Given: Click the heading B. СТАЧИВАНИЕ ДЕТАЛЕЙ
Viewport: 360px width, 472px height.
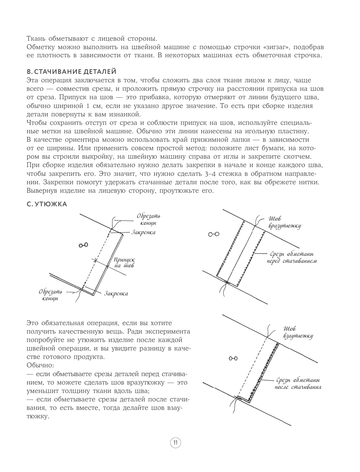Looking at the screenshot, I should coord(72,72).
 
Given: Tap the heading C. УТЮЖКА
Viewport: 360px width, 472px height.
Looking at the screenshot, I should coord(47,204).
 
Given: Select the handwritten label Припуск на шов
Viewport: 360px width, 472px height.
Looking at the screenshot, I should coord(124,263).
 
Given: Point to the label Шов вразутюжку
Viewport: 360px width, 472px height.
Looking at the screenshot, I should coord(282,223).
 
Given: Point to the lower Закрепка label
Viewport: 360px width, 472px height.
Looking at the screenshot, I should coord(116,293).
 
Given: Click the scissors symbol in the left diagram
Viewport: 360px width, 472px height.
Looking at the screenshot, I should coord(83,245).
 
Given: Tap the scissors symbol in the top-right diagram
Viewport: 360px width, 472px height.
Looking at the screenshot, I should coord(214,234).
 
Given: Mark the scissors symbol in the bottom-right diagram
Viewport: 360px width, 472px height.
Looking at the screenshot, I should coord(233,358).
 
